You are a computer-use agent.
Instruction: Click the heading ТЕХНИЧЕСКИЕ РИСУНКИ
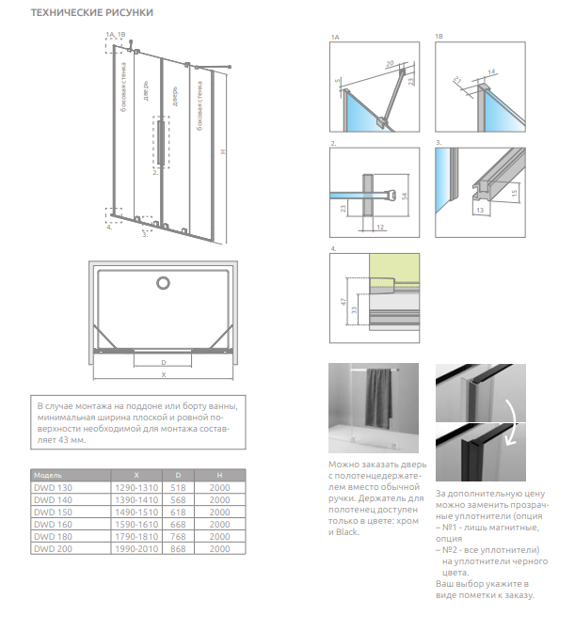point(92,12)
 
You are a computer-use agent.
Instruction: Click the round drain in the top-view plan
point(163,283)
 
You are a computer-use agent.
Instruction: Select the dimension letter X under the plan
point(163,374)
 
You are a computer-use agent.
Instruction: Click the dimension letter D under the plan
point(163,361)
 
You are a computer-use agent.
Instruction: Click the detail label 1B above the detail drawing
point(439,37)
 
